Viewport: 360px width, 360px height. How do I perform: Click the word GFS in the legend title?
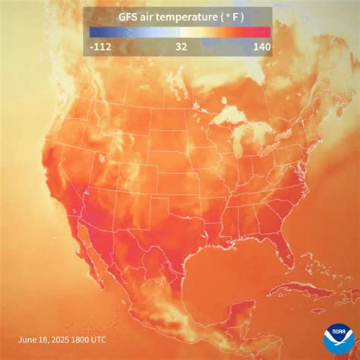[x=129, y=17]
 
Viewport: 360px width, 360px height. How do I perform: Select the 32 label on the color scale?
[x=181, y=46]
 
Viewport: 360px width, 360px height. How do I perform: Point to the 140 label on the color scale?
[x=259, y=46]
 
